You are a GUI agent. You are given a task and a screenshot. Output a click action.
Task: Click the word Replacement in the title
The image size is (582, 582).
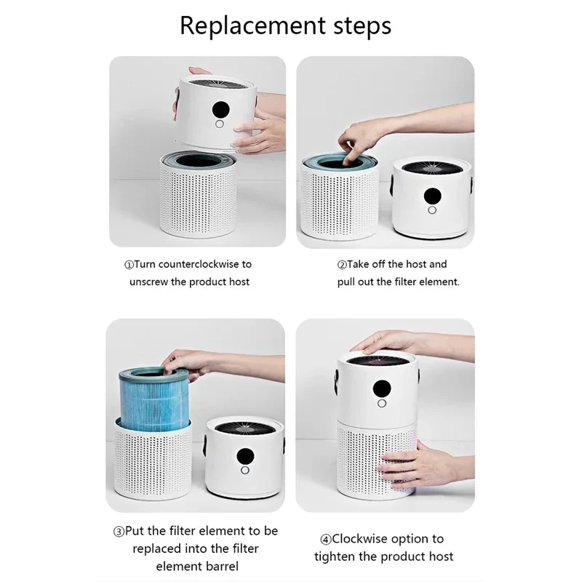253,26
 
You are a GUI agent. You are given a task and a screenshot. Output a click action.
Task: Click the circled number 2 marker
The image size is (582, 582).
342,265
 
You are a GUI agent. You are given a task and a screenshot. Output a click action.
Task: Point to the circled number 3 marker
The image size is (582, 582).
119,532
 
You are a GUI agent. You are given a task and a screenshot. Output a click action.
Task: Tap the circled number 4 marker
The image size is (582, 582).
325,540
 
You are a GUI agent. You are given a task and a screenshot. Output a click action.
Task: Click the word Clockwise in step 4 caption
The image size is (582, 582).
356,539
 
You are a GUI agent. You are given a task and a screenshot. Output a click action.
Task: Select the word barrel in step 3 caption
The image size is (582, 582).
221,567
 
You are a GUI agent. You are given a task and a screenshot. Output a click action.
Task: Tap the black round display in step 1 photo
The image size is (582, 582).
220,110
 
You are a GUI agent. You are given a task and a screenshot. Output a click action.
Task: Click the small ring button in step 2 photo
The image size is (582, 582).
432,210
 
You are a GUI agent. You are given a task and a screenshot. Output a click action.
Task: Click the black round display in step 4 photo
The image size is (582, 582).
382,388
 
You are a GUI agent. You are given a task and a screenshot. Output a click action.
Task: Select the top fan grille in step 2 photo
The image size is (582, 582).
431,167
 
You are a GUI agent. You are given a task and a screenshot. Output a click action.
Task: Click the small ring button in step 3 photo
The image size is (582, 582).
245,470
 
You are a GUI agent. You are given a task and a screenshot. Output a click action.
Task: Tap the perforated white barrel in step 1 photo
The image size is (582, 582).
198,196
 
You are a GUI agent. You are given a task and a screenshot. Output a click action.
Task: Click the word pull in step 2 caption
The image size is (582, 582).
346,282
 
